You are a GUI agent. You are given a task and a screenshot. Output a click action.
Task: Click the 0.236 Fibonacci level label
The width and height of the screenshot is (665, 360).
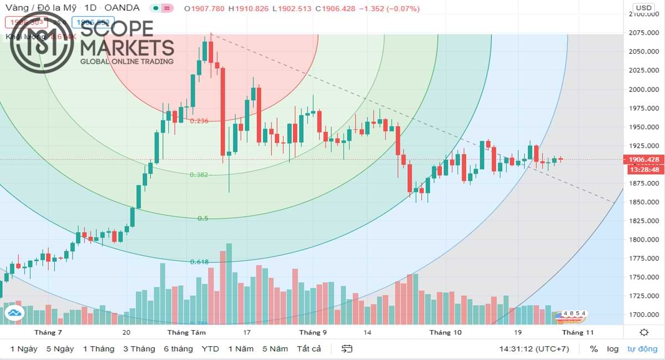199,121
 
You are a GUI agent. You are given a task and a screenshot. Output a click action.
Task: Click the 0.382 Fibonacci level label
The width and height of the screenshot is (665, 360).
199,174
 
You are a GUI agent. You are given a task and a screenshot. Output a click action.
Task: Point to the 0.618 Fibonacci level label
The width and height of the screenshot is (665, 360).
199,262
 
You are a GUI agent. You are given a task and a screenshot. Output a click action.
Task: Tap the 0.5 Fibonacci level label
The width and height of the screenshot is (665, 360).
203,218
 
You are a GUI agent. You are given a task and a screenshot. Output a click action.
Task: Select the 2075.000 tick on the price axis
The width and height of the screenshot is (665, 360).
643,33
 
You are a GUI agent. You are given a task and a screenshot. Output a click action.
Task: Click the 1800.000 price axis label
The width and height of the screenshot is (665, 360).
643,239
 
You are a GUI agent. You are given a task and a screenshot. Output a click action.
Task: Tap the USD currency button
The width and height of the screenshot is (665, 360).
643,8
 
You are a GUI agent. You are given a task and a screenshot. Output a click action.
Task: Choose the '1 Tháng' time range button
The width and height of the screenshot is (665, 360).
99,349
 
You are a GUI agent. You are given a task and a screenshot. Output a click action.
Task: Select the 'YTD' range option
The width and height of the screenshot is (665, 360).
210,349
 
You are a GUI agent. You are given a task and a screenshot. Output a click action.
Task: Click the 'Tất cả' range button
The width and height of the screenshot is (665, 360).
309,349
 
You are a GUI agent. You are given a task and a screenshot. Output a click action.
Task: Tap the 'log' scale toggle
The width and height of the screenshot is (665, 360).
612,349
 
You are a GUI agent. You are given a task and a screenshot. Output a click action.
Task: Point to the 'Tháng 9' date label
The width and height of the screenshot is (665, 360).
313,332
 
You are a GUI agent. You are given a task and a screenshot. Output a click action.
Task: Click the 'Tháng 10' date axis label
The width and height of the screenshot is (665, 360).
446,332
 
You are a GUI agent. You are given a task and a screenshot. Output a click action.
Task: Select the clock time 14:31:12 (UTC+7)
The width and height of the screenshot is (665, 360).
534,349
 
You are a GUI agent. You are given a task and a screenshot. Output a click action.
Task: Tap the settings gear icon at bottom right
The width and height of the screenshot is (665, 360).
644,332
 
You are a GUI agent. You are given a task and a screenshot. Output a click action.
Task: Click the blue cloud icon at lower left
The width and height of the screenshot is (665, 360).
14,314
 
